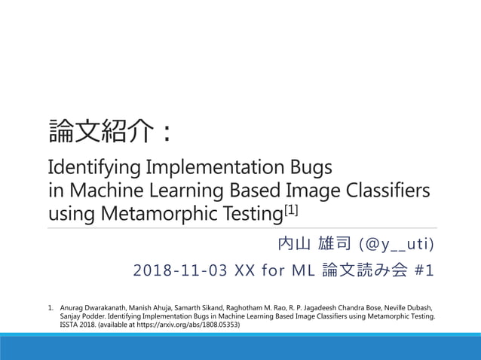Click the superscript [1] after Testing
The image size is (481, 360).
[291, 208]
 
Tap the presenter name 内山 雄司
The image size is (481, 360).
[314, 245]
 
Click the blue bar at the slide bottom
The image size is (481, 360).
[240, 347]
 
